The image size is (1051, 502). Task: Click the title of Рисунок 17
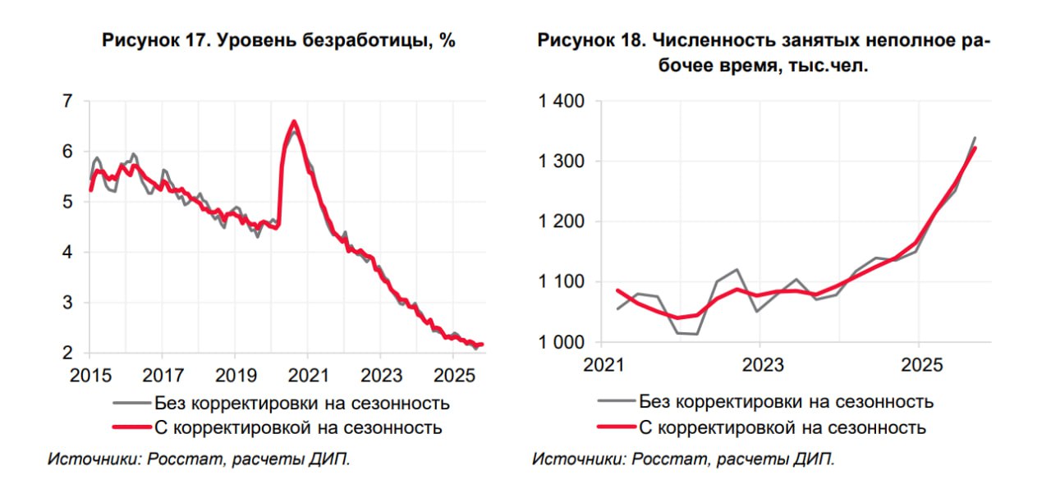278,41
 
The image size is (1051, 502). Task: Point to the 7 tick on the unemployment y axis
67,101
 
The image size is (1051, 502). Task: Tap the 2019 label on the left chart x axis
234,376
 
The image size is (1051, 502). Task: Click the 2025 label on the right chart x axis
919,364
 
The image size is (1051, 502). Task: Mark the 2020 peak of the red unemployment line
294,122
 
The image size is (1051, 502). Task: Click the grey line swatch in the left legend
131,403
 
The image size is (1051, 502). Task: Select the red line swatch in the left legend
131,427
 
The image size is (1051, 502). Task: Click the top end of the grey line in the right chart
975,138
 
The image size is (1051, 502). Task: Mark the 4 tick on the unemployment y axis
67,253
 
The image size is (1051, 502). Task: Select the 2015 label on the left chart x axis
89,376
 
